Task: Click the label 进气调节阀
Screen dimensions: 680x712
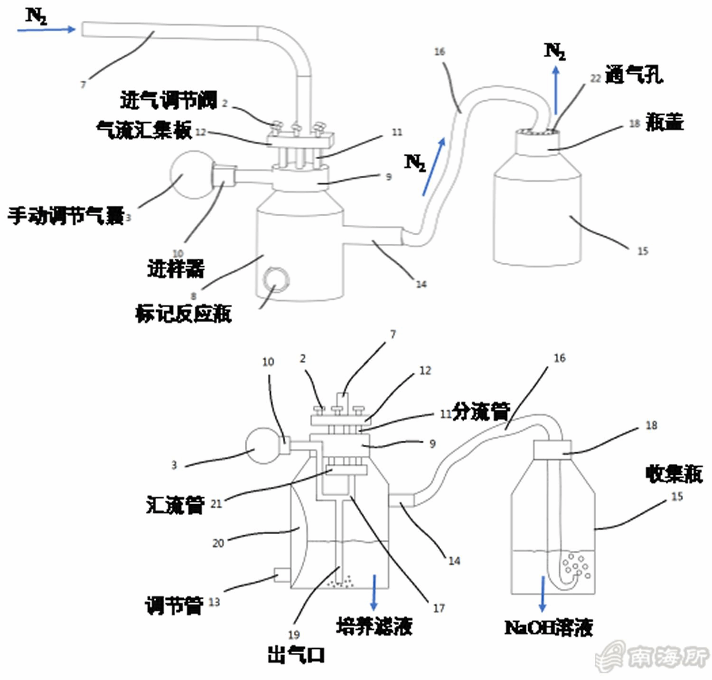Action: pyautogui.click(x=169, y=101)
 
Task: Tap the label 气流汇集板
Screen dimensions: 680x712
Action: pyautogui.click(x=144, y=130)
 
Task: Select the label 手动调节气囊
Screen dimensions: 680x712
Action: pyautogui.click(x=66, y=216)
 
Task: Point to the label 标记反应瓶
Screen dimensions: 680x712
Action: pyautogui.click(x=183, y=314)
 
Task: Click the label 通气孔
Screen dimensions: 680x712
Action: pyautogui.click(x=634, y=75)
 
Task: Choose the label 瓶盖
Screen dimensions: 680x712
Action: pyautogui.click(x=665, y=122)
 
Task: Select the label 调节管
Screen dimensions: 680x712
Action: pyautogui.click(x=174, y=605)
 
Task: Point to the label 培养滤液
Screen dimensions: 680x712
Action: pyautogui.click(x=374, y=626)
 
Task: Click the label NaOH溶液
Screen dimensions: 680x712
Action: pyautogui.click(x=548, y=628)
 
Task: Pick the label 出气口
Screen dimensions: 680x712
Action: pyautogui.click(x=296, y=655)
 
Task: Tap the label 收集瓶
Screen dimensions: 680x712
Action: pyautogui.click(x=674, y=474)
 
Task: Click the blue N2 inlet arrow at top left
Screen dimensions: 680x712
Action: pyautogui.click(x=46, y=29)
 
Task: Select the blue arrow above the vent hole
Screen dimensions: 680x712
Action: pyautogui.click(x=556, y=90)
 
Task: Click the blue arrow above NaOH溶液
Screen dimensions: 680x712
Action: pyautogui.click(x=543, y=594)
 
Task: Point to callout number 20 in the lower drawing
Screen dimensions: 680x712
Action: pyautogui.click(x=218, y=543)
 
